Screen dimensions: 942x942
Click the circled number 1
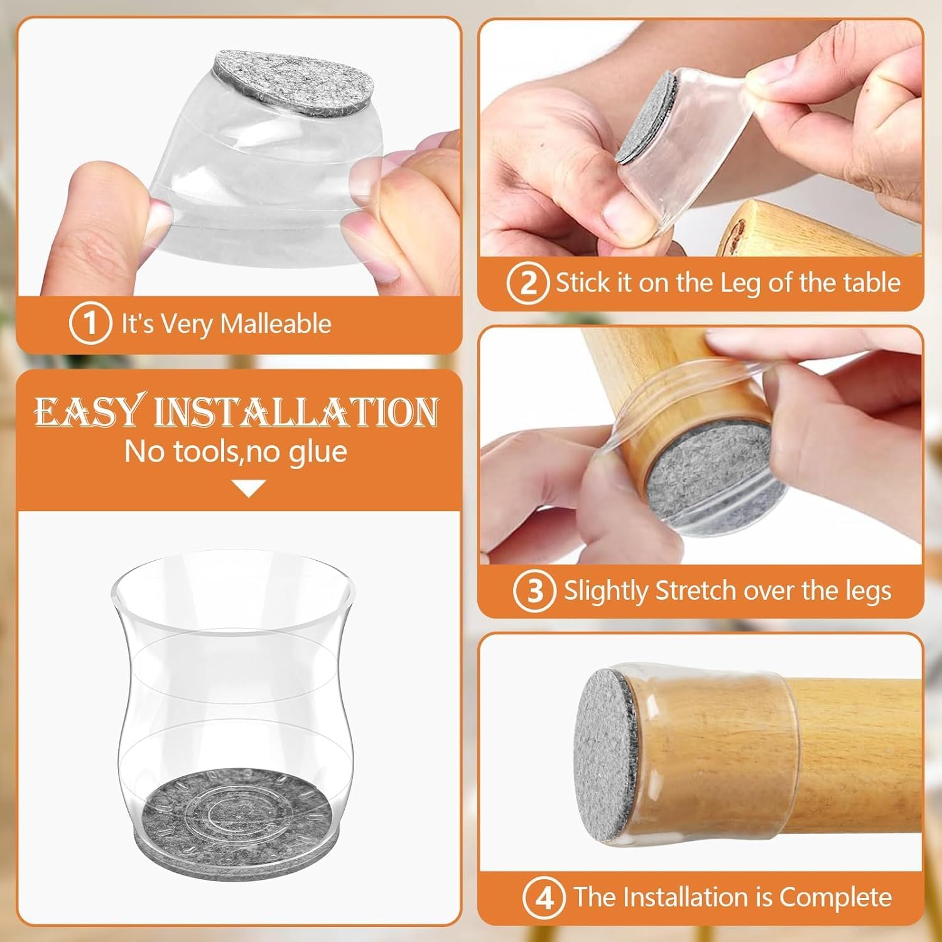point(90,324)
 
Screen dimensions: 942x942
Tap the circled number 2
point(528,284)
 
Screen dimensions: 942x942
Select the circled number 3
point(534,591)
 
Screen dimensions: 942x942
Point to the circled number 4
point(544,897)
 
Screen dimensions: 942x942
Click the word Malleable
point(276,324)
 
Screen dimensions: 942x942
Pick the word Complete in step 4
point(836,897)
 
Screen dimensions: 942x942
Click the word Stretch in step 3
point(695,591)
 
